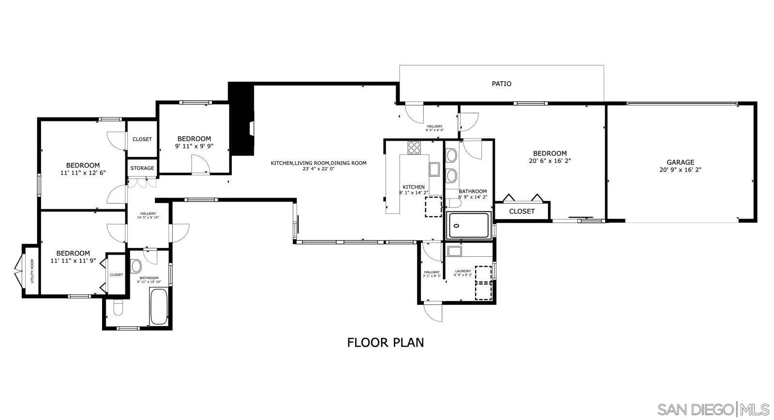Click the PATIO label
point(501,84)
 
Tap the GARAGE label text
point(680,162)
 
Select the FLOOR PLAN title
point(386,342)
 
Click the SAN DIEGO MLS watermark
point(713,409)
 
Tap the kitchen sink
point(434,169)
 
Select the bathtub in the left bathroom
point(159,306)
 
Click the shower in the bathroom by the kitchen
point(469,225)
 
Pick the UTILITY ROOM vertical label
point(32,271)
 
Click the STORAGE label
point(142,168)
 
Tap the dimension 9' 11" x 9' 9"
point(194,145)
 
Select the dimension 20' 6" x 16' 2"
point(550,161)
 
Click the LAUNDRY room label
point(463,271)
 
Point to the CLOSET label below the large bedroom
point(522,211)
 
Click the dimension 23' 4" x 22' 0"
point(318,169)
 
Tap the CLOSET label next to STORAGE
point(142,139)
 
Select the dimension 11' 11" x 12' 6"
point(83,173)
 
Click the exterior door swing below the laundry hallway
point(432,312)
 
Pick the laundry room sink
point(454,251)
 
